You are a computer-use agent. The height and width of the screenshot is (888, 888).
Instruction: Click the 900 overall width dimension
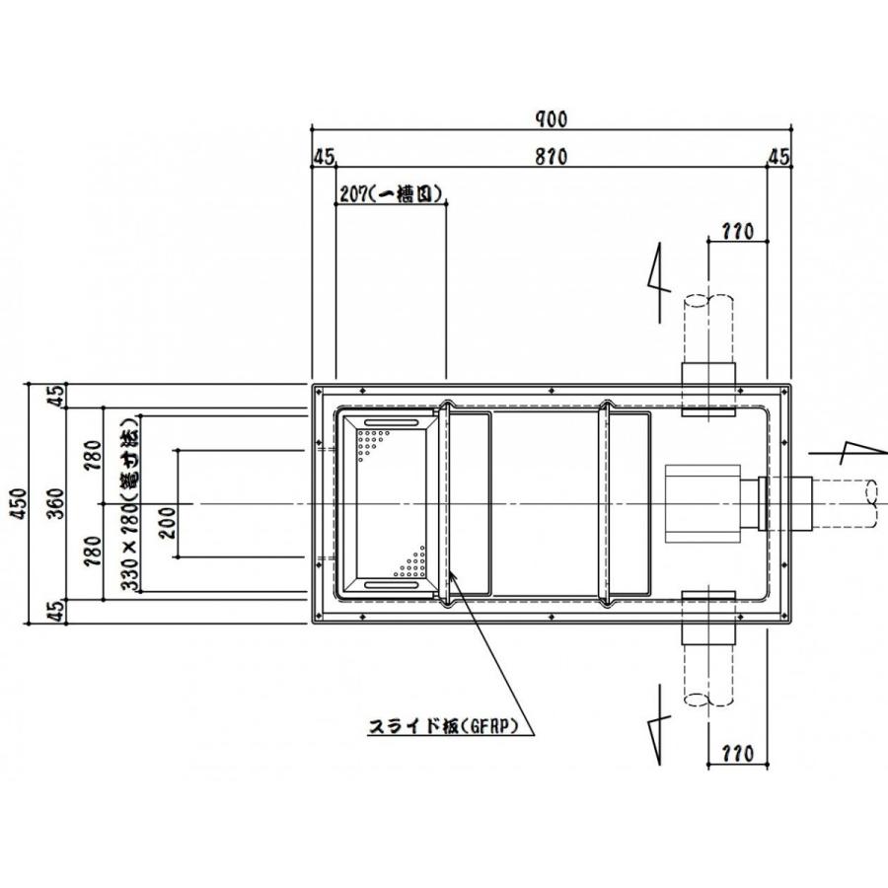click(552, 118)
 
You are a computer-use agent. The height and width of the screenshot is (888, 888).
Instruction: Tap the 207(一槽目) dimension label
click(389, 193)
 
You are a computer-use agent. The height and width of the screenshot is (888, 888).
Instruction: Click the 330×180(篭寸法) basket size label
click(127, 504)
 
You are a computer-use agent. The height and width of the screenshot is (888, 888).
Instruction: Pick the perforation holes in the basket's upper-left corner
click(372, 440)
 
